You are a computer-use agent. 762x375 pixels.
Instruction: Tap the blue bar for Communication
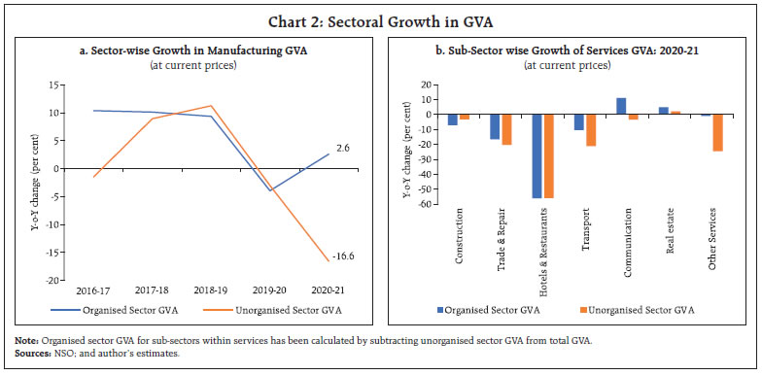(621, 106)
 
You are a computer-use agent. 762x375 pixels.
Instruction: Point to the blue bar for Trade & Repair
(493, 126)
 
